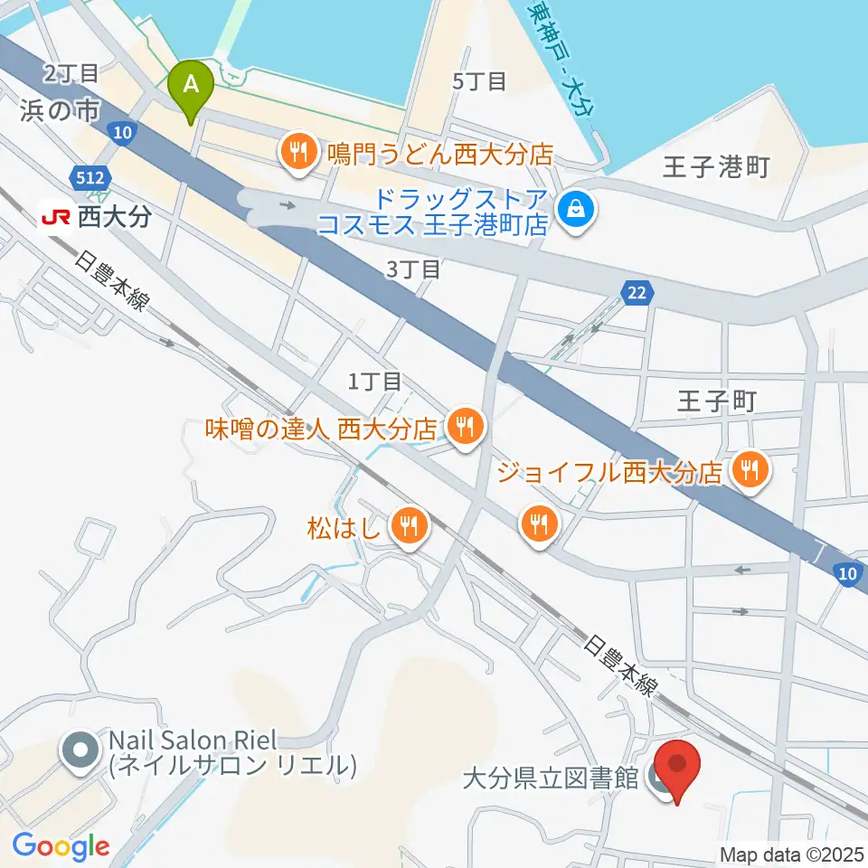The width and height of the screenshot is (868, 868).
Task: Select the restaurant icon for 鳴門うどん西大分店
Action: click(297, 153)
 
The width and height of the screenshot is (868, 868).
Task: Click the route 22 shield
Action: click(636, 291)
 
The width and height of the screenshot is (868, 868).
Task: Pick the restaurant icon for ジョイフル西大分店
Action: click(749, 470)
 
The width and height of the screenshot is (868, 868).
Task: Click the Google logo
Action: click(61, 845)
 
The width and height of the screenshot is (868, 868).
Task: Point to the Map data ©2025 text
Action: click(792, 854)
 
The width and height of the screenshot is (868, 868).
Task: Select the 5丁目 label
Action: click(479, 81)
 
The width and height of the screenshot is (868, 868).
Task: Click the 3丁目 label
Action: click(413, 269)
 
